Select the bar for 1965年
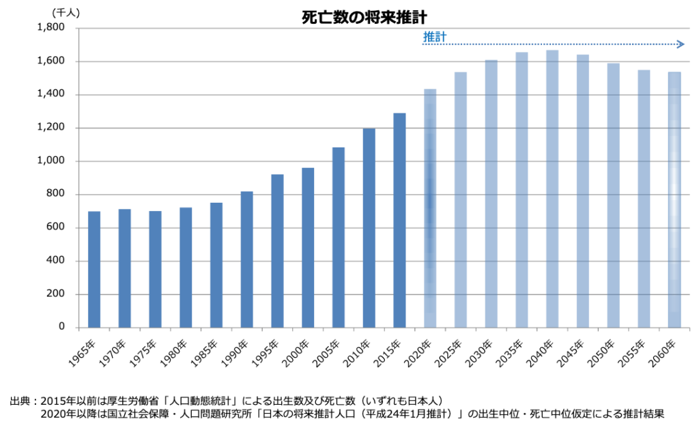pos(94,269)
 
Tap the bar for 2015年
pos(399,220)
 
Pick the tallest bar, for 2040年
pos(552,188)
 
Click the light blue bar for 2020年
pos(430,208)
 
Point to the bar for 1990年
pos(246,259)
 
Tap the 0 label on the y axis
pos(61,327)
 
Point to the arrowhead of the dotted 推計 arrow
pos(681,44)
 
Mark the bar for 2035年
pos(522,190)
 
